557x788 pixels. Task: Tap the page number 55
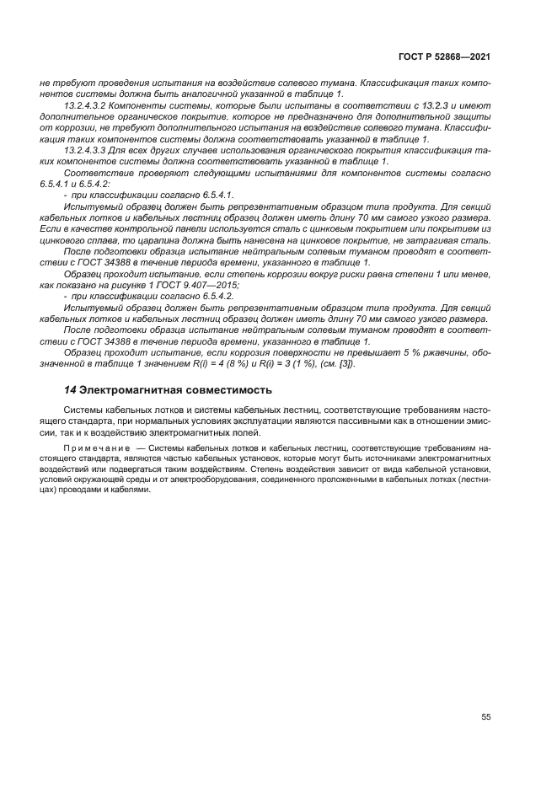[485, 717]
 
